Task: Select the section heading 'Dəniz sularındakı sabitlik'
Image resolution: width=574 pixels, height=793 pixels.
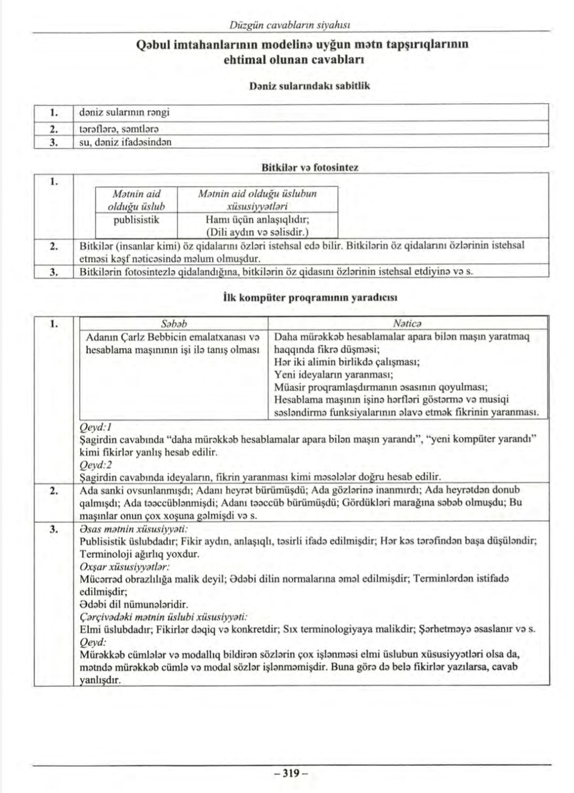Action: [x=309, y=86]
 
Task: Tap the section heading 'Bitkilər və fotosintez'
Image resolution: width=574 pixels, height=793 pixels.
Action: [x=310, y=168]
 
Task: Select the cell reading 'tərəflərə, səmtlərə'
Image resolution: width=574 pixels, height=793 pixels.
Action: [x=119, y=128]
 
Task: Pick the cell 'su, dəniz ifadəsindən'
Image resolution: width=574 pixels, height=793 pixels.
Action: [x=125, y=142]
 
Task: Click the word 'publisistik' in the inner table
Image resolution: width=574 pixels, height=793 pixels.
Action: [x=137, y=219]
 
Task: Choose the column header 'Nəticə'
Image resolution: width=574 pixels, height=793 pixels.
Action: [x=407, y=323]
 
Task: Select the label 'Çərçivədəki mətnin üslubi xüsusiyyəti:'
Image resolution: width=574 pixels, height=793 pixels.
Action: [x=163, y=617]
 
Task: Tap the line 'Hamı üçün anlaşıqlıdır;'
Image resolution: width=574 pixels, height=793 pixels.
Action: [x=257, y=219]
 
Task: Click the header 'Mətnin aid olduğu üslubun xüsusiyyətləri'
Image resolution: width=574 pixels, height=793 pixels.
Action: [x=257, y=199]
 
